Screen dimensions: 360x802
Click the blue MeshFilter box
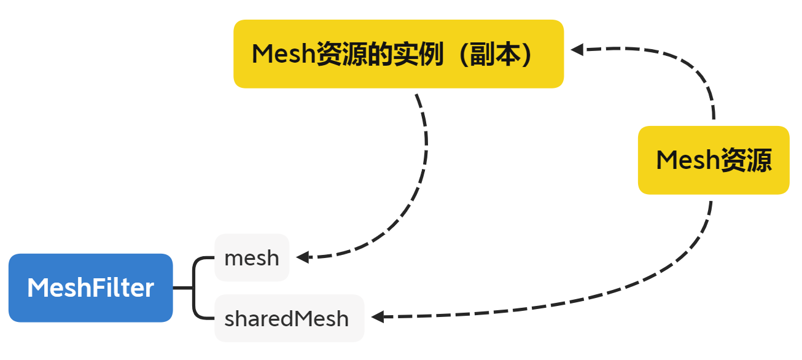pyautogui.click(x=91, y=288)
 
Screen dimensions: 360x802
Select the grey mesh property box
pyautogui.click(x=252, y=257)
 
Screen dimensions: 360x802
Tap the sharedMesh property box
pyautogui.click(x=289, y=318)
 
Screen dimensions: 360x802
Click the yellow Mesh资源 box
pyautogui.click(x=714, y=160)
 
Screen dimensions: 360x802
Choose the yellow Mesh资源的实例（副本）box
pyautogui.click(x=399, y=54)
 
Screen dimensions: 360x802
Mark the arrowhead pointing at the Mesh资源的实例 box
pyautogui.click(x=576, y=50)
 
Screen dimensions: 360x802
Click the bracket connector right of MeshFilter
pyautogui.click(x=195, y=288)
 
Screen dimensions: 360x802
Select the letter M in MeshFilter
pyautogui.click(x=37, y=288)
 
